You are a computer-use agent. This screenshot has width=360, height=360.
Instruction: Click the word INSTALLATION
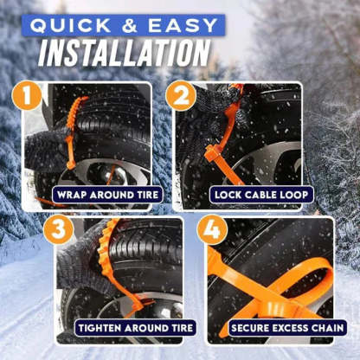124,53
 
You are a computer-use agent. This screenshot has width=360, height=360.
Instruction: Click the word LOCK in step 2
228,196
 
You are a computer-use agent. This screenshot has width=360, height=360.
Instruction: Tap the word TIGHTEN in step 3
100,329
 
